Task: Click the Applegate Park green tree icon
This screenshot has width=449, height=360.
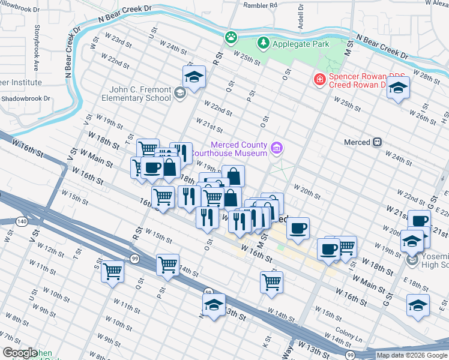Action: click(263, 43)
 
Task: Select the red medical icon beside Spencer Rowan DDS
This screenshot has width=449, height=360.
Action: click(319, 79)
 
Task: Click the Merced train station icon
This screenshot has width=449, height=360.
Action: click(378, 142)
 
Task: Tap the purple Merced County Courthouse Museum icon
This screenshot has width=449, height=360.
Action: click(277, 148)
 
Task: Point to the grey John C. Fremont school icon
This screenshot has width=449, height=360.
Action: click(180, 93)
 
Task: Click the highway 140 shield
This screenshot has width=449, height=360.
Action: click(22, 221)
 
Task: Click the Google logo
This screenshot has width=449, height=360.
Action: click(19, 353)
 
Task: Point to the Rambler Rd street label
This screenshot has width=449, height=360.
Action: click(260, 5)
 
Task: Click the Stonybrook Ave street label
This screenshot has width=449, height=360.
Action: click(37, 43)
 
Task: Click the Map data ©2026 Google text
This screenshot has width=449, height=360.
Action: click(412, 355)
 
